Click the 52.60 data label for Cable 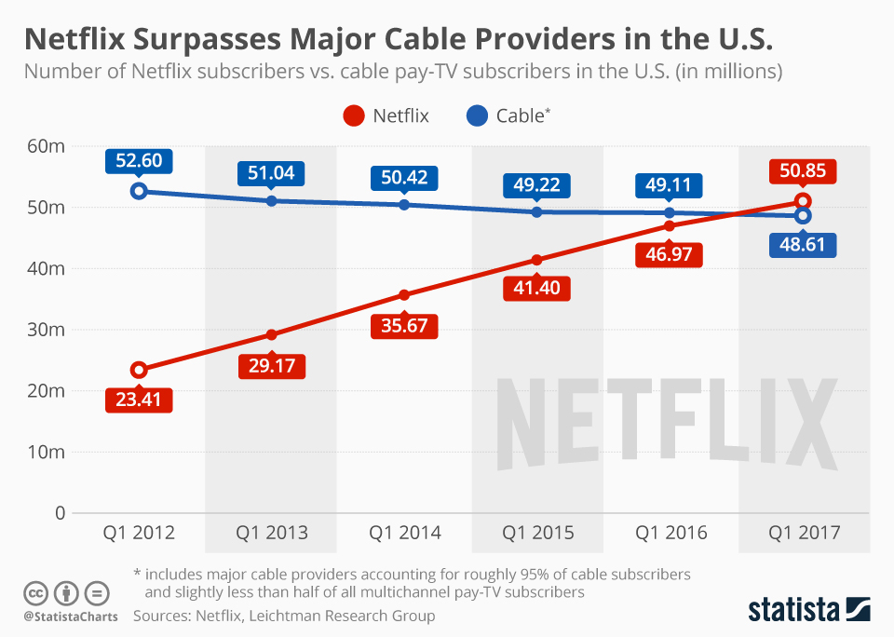pyautogui.click(x=139, y=161)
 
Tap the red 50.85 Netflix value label pyautogui.click(x=803, y=172)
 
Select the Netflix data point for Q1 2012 pyautogui.click(x=139, y=370)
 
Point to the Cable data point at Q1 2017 pyautogui.click(x=803, y=216)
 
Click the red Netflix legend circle pyautogui.click(x=353, y=116)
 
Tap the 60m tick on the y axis pyautogui.click(x=45, y=146)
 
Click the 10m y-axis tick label pyautogui.click(x=45, y=453)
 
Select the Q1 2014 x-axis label pyautogui.click(x=404, y=534)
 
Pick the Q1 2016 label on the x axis pyautogui.click(x=670, y=534)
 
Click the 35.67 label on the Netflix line pyautogui.click(x=404, y=327)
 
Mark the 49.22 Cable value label pyautogui.click(x=537, y=185)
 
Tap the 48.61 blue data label pyautogui.click(x=803, y=246)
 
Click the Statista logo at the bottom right pyautogui.click(x=809, y=610)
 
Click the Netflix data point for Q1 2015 pyautogui.click(x=537, y=260)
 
